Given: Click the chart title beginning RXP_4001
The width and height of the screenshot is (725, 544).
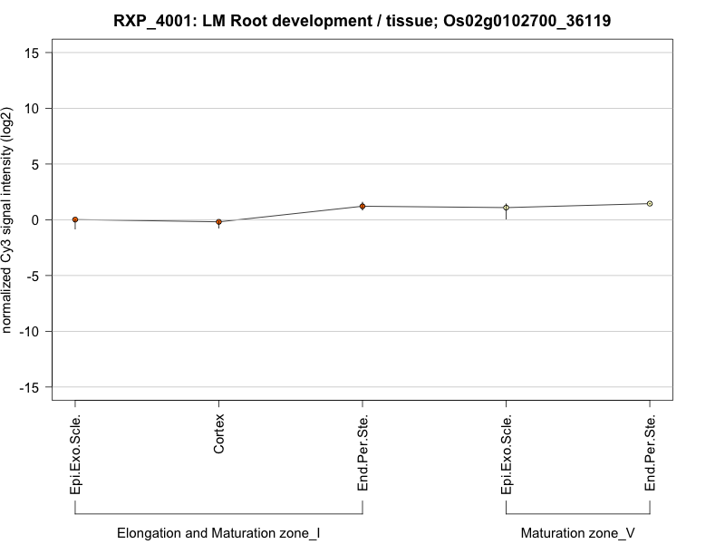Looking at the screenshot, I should pos(362,19).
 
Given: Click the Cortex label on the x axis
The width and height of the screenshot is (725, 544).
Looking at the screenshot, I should pos(219,434).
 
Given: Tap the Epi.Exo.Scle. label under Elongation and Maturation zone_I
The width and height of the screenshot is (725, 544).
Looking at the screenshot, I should pos(75,454).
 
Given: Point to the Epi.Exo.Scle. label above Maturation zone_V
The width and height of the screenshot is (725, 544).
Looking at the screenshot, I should pos(507,454).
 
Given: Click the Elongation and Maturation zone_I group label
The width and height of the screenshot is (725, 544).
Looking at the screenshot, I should pos(218,533).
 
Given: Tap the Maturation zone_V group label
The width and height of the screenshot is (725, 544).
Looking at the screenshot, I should pos(578,533).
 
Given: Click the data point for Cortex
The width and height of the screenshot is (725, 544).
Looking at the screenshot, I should pos(219,222).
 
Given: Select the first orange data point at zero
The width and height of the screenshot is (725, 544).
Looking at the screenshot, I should pos(75,219).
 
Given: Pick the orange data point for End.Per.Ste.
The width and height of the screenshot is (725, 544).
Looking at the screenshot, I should pos(362,207).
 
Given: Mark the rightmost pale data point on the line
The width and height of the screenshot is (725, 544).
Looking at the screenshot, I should pos(650,204).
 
